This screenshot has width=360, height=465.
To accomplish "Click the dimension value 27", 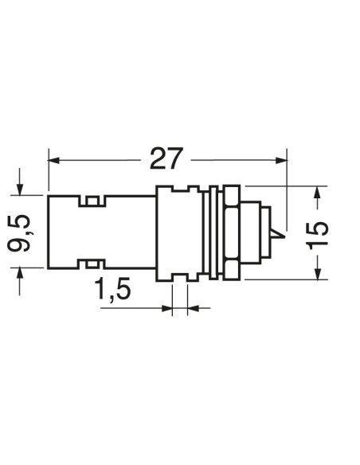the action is coord(166,158).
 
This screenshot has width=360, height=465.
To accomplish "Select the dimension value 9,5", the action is coord(19,233).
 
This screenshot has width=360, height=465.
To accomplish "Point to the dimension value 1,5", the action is coord(112,289).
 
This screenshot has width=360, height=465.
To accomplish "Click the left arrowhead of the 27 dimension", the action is coord(53,160).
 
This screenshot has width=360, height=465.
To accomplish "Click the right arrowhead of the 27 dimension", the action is coord(281,160).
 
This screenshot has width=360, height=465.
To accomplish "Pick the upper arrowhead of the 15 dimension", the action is coord(318,192).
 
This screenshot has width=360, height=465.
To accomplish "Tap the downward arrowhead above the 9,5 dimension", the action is coord(20,190).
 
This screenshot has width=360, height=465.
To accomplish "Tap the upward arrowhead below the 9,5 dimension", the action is coord(20,273).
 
